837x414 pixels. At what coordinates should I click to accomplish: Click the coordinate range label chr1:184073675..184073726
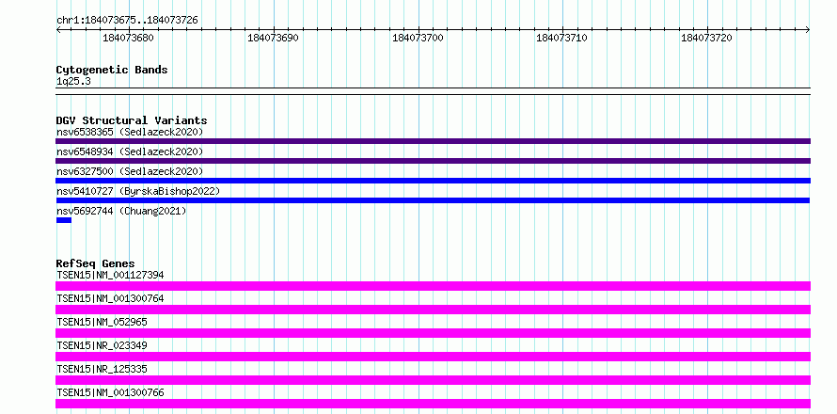(127, 21)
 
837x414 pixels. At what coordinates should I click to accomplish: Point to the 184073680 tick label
(128, 38)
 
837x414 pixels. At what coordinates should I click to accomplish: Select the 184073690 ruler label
(273, 38)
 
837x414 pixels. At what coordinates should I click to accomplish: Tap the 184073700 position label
(418, 38)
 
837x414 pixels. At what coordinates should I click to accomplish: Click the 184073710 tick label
(561, 38)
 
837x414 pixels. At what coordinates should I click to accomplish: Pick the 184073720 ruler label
(706, 38)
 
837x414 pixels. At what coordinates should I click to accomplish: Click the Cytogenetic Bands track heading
(112, 70)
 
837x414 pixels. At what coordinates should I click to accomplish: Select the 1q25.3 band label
(73, 82)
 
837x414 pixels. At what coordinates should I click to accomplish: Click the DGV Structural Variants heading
(132, 120)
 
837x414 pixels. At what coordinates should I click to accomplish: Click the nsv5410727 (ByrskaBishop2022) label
(137, 191)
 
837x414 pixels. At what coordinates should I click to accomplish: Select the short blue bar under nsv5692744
(64, 220)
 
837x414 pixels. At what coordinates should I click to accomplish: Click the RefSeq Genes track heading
(96, 263)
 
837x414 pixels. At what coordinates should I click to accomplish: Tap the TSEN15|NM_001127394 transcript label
(110, 275)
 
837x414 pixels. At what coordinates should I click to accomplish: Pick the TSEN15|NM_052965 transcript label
(102, 322)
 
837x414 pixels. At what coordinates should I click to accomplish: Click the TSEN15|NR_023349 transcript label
(102, 345)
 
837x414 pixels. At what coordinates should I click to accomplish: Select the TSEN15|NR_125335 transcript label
(102, 369)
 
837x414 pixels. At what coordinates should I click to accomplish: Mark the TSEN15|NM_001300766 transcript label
(110, 392)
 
